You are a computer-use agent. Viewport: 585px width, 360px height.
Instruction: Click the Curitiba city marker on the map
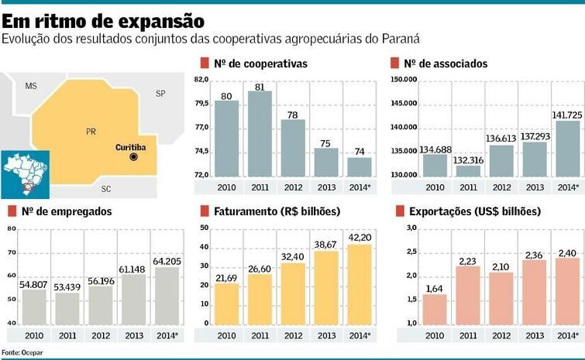point(133,156)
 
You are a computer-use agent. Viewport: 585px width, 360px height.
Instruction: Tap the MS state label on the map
point(31,86)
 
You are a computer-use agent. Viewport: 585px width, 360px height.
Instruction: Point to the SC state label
point(106,188)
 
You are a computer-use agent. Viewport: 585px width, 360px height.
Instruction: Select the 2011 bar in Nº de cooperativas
point(260,133)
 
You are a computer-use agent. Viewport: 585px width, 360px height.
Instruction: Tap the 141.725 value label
point(567,115)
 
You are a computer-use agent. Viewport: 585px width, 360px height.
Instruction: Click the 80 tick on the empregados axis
point(11,228)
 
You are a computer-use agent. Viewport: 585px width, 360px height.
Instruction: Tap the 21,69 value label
point(226,277)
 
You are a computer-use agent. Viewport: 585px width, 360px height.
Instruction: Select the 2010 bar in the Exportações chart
point(435,308)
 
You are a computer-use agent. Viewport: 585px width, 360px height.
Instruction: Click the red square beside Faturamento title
point(204,211)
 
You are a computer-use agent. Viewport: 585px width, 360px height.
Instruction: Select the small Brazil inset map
point(23,171)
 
